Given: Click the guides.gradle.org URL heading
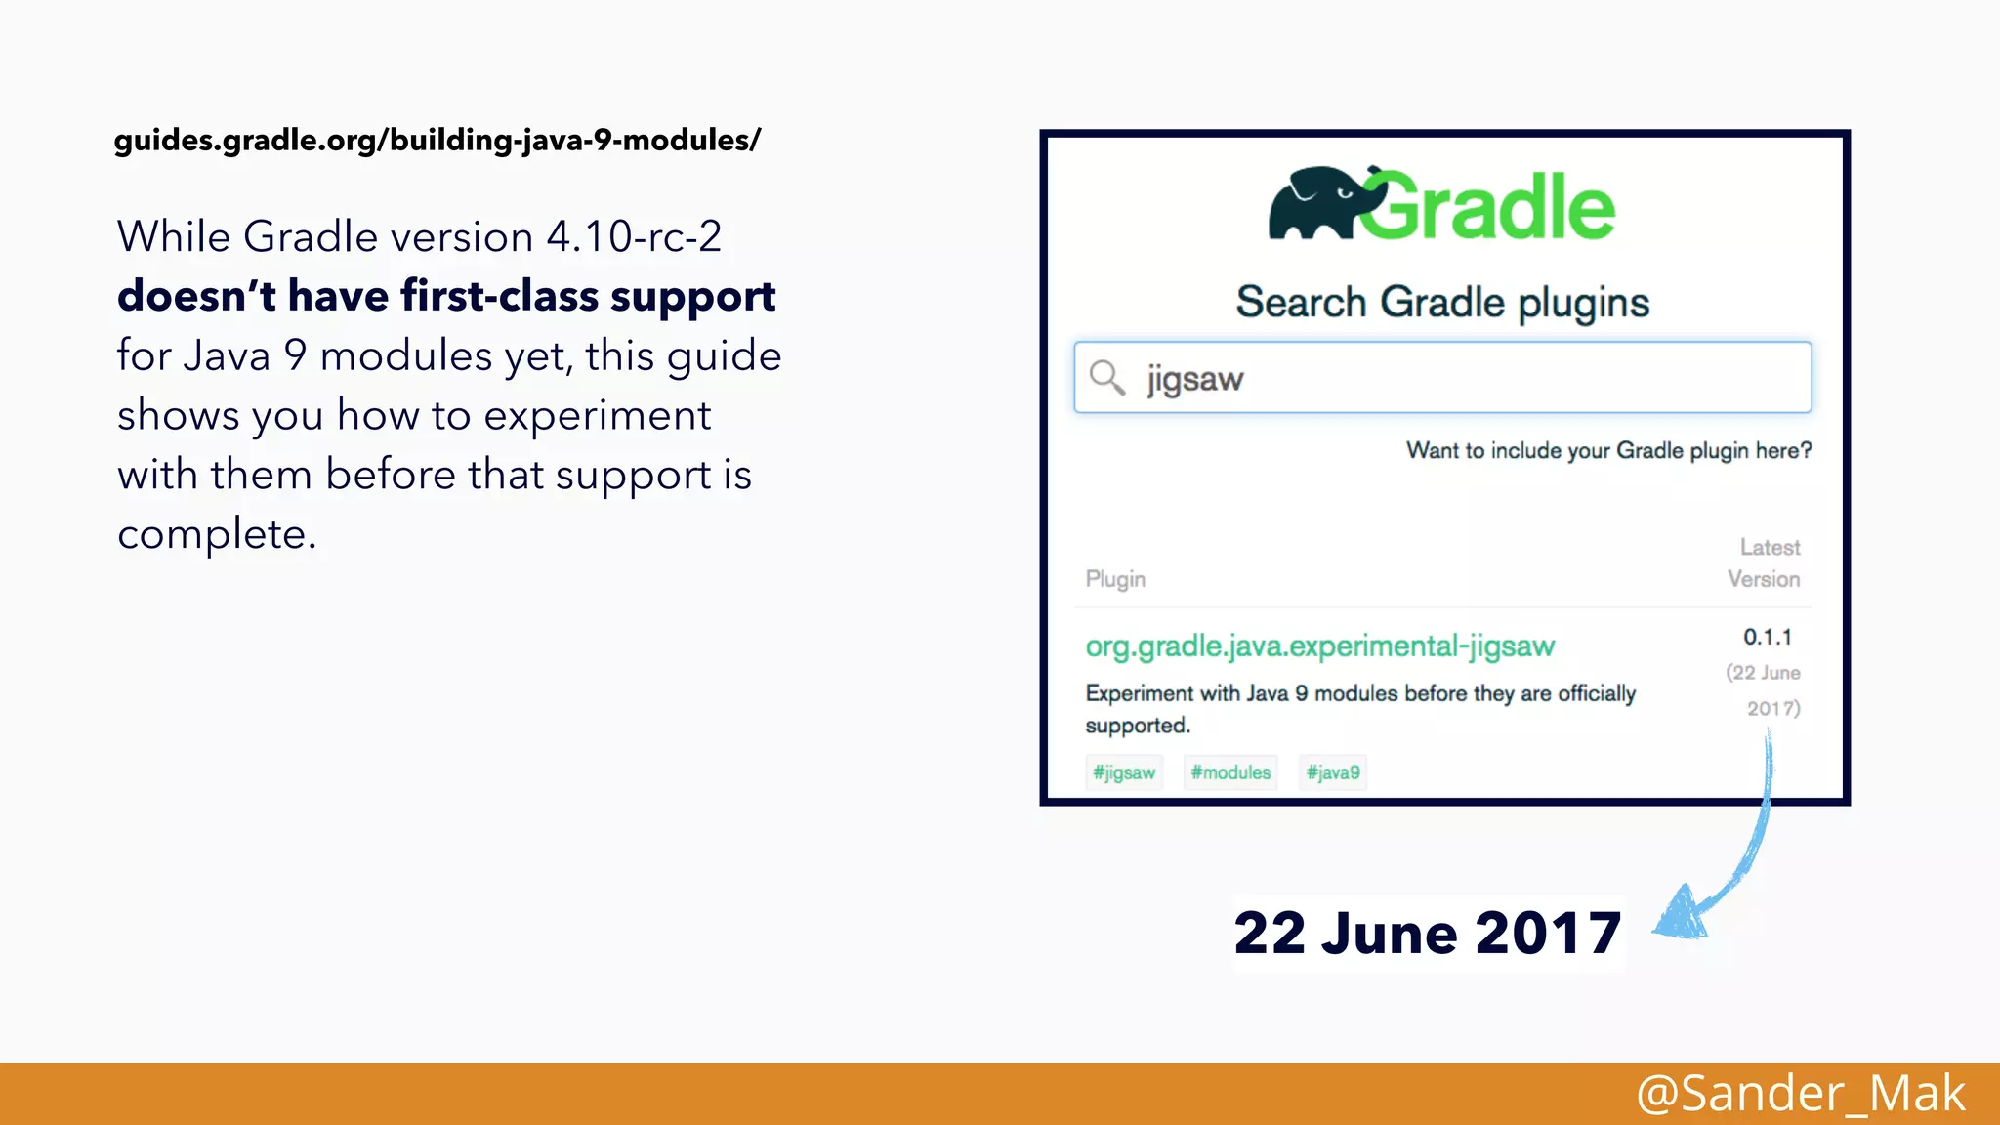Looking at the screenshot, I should coord(437,141).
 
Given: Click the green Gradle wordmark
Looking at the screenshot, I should coord(1489,207).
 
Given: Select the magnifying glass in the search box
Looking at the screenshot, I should coord(1106,377).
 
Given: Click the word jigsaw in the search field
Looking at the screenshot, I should coord(1194,379).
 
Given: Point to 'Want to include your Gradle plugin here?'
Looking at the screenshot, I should coord(1608,450).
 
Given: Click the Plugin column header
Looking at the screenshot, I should coord(1115,579).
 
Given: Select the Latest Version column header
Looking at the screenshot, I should coord(1764,563).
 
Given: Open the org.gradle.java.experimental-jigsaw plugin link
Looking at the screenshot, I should coord(1319,646).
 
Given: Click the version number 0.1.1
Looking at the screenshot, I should coord(1768,637).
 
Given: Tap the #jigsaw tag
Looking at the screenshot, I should coord(1124,772).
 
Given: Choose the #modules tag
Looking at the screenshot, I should coord(1230,772).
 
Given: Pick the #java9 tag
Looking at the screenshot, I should coord(1333,772).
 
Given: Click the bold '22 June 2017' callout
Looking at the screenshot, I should coord(1428,934).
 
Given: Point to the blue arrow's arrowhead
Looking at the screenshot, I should coord(1682,916).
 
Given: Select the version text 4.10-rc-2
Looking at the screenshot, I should coord(634,237).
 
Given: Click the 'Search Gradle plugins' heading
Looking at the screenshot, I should coord(1442,303).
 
